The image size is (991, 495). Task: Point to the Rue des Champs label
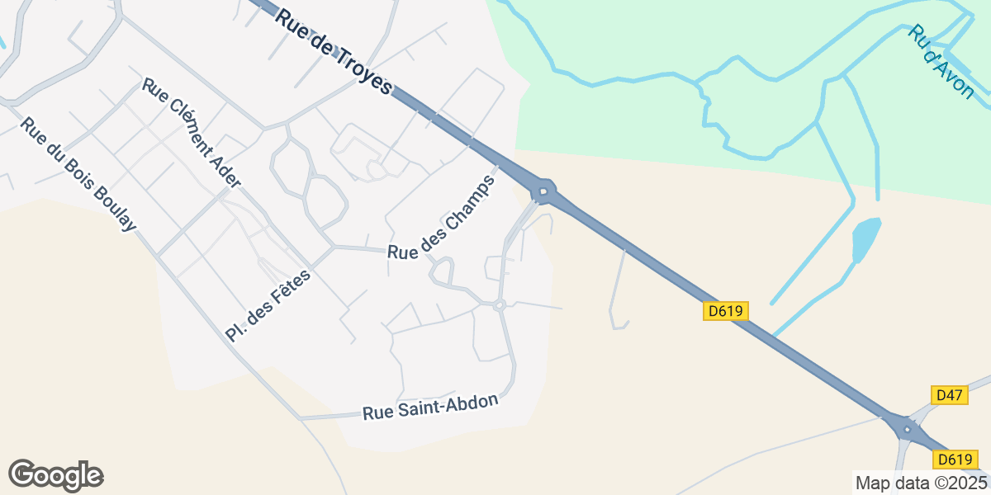click(x=442, y=218)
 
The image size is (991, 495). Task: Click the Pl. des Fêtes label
click(x=268, y=306)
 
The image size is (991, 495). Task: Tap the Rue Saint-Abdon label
click(x=430, y=407)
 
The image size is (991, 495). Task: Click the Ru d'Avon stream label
click(x=941, y=62)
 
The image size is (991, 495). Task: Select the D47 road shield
click(x=949, y=395)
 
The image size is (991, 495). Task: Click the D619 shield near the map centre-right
click(x=726, y=311)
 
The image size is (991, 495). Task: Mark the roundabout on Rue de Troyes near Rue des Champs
click(x=543, y=193)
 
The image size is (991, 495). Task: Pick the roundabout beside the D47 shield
click(x=908, y=429)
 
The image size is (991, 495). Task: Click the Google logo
click(x=55, y=476)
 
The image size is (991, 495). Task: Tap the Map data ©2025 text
click(x=920, y=483)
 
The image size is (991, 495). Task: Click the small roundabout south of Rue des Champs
click(x=499, y=305)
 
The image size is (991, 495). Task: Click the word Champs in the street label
click(x=466, y=202)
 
